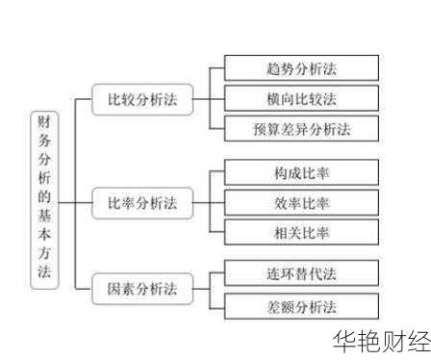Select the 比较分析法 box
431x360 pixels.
142,99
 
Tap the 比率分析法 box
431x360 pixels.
142,203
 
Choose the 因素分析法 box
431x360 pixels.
142,287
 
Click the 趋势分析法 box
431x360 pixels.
300,67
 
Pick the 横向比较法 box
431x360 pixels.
300,98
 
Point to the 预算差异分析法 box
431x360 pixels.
300,128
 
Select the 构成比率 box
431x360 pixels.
300,172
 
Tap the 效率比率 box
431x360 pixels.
300,202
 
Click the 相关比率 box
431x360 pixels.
300,232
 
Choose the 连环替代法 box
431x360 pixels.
300,274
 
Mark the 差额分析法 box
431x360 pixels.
300,306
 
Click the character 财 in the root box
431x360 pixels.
44,123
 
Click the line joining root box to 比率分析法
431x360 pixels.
75,203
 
